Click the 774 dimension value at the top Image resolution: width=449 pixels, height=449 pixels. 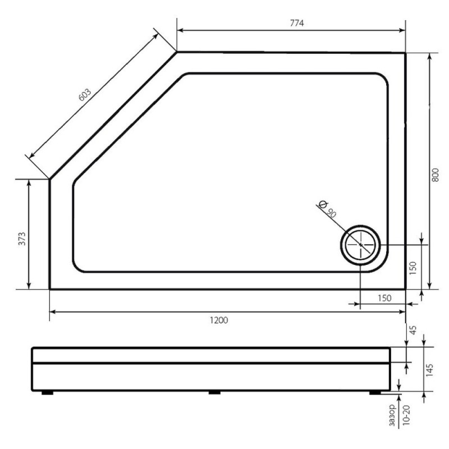[x=297, y=23]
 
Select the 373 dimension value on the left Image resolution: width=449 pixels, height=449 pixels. [x=22, y=239]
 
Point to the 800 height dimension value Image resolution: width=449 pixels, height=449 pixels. [x=435, y=175]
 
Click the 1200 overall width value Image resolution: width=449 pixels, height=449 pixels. [x=219, y=320]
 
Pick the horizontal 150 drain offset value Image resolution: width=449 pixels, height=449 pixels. [x=384, y=298]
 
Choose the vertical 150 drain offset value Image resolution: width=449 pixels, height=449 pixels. [x=413, y=268]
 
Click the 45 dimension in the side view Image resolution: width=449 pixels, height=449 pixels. [x=413, y=330]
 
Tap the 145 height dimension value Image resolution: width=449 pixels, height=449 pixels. [x=429, y=370]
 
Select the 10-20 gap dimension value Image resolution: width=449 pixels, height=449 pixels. [x=406, y=415]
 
